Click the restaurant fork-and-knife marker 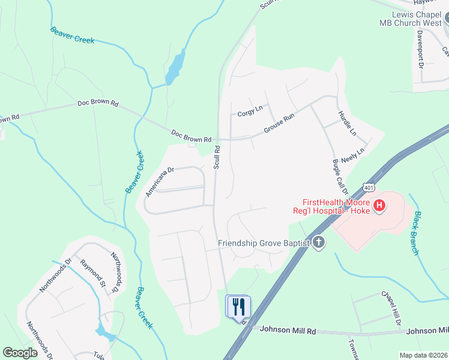(x=238, y=307)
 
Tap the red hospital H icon (x=379, y=206)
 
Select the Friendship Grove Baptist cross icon (x=318, y=242)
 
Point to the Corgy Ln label (x=250, y=111)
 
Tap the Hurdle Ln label (x=346, y=122)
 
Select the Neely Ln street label (x=352, y=157)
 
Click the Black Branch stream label (x=418, y=233)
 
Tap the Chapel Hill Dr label (x=391, y=308)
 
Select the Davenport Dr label (x=420, y=48)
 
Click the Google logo (x=20, y=353)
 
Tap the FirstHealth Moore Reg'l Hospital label (x=331, y=206)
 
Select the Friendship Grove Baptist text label (x=264, y=242)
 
